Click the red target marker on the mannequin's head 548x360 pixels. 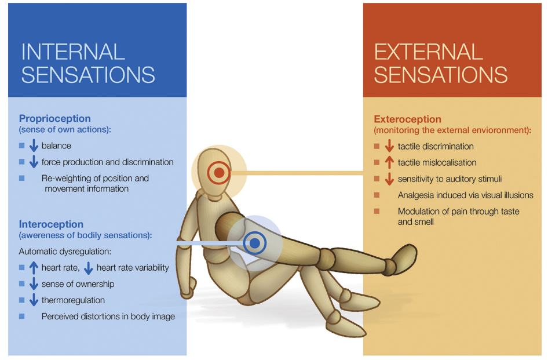219,172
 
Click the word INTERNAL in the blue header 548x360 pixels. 73,52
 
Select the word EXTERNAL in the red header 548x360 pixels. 429,52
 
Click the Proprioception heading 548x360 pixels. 55,119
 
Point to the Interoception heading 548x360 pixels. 51,224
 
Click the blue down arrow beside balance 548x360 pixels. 34,146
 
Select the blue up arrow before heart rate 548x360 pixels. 34,268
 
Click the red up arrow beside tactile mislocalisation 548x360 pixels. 389,163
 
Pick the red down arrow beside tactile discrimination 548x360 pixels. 389,147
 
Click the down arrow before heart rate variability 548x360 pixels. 88,268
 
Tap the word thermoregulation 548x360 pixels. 73,300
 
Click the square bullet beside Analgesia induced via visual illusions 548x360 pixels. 377,195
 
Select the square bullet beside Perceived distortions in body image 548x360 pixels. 22,317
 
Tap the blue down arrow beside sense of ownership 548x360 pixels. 34,284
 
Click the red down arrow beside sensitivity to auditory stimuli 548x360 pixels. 389,179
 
